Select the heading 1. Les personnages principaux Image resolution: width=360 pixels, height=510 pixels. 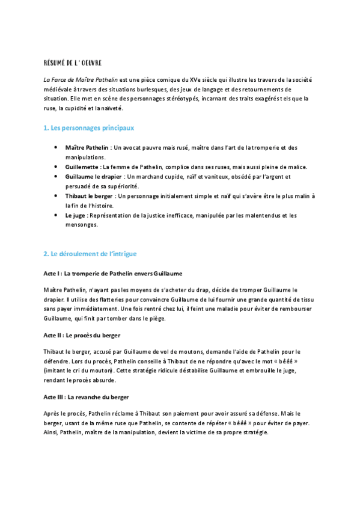click(88, 127)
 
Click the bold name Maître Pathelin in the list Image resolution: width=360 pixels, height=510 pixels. click(87, 147)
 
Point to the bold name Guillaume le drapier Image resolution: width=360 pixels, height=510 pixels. click(93, 176)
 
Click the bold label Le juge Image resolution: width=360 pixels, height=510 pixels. click(76, 215)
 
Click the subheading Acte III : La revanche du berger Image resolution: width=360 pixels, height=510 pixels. click(86, 397)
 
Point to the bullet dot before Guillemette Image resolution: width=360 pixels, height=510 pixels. click(55, 167)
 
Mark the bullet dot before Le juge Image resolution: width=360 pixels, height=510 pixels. click(55, 215)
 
